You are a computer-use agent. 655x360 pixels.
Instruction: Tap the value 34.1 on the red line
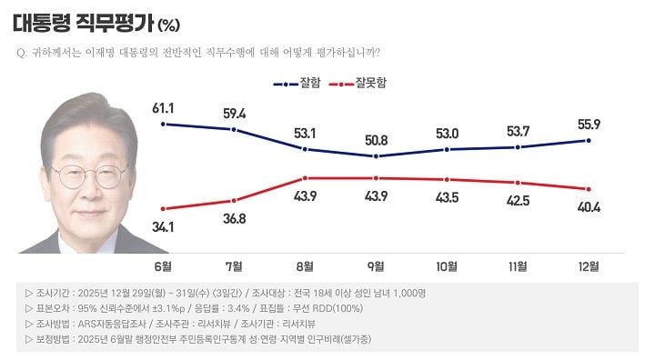tap(164, 225)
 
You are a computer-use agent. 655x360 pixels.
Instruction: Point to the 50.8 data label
tap(376, 141)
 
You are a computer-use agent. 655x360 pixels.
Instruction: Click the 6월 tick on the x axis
tap(164, 266)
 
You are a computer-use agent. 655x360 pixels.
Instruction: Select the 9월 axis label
tap(376, 266)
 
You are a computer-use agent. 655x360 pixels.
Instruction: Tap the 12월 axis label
tap(589, 266)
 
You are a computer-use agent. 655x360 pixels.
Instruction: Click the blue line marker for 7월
tap(235, 130)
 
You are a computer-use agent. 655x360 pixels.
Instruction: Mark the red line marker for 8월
tap(306, 178)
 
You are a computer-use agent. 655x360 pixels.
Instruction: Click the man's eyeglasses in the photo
tap(88, 175)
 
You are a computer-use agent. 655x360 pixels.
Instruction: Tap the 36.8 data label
tap(235, 217)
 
